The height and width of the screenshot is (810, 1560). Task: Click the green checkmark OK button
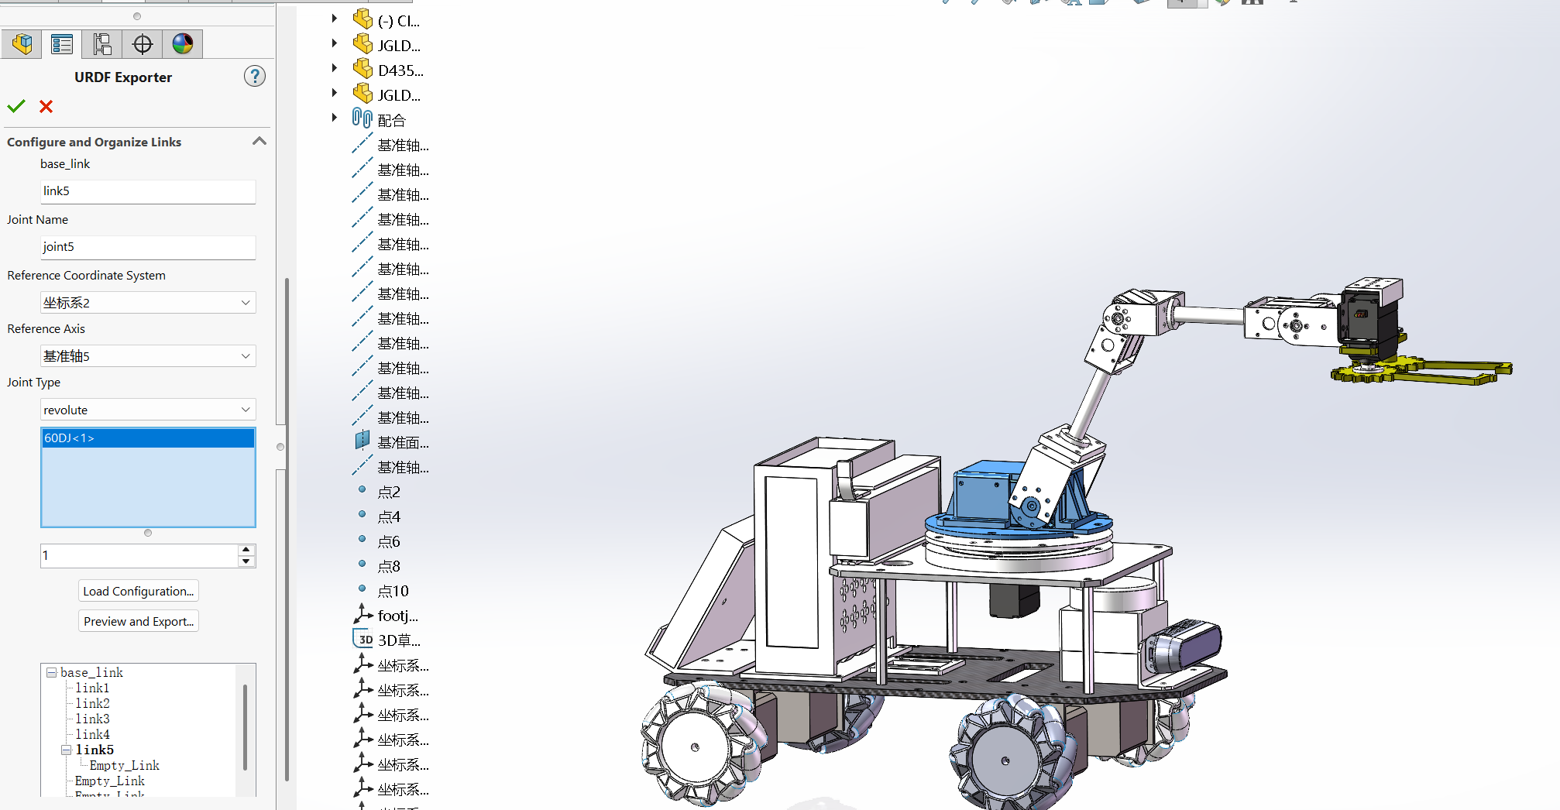coord(16,106)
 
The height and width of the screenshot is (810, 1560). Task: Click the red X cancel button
coord(46,106)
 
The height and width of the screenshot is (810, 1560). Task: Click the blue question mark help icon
coord(254,76)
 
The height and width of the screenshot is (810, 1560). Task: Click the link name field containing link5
coord(147,191)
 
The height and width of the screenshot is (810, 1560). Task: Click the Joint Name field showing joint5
coord(147,247)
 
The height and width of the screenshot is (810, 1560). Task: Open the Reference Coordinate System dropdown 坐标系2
coord(147,303)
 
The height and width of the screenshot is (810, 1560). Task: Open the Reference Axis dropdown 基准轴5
coord(147,356)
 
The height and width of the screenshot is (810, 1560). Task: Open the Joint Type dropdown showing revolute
coord(147,410)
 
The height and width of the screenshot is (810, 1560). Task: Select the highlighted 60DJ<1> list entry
coord(147,438)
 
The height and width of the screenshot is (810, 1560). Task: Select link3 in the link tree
coord(92,719)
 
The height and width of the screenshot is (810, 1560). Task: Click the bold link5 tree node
coord(94,750)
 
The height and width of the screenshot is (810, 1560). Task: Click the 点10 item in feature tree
coord(393,592)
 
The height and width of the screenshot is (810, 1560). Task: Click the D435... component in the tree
coord(400,71)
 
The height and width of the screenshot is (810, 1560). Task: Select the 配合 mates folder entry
coord(391,121)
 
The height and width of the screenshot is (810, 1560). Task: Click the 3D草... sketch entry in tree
coord(398,640)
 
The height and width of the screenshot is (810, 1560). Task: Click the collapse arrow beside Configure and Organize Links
coord(259,141)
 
